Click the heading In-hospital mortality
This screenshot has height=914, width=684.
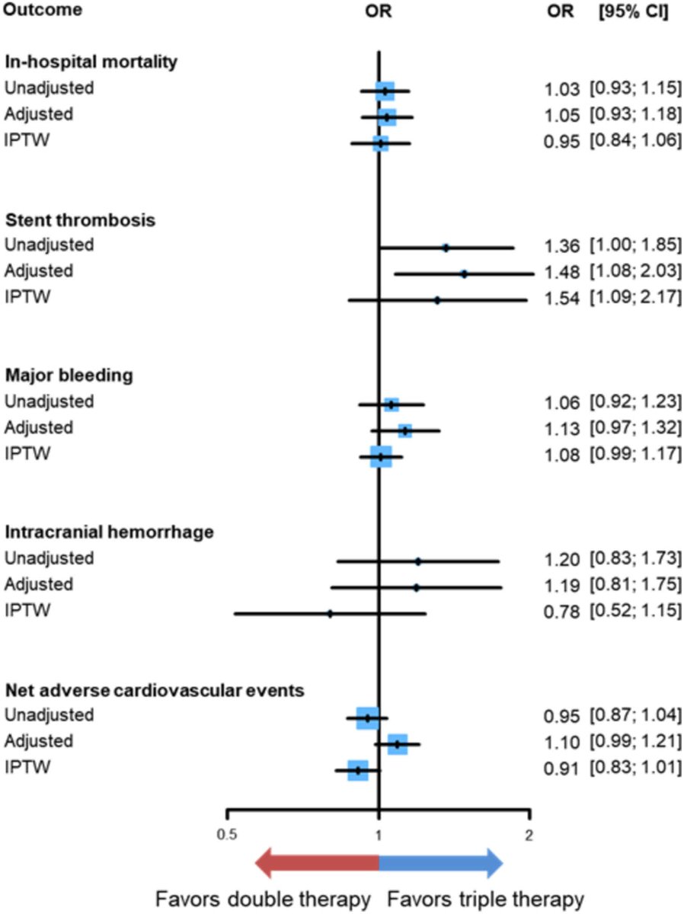coord(91,62)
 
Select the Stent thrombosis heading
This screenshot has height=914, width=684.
coord(81,219)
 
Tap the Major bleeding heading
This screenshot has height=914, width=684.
coord(69,376)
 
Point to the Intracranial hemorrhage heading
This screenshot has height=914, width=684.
coord(109,532)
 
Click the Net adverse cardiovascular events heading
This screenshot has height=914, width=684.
coord(155,690)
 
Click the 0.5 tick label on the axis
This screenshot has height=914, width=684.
coord(226,833)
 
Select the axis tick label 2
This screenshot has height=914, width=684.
coord(529,833)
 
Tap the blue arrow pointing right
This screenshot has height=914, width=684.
coord(441,864)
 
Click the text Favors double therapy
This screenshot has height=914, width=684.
coord(263,899)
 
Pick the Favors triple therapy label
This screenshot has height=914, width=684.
coord(485,899)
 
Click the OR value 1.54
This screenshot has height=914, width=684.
coord(562,298)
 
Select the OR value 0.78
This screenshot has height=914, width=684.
coord(562,611)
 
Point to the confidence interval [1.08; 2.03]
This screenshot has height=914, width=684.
coord(635,272)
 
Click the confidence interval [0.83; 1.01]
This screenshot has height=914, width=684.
coord(635,768)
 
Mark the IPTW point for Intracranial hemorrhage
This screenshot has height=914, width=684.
coord(330,613)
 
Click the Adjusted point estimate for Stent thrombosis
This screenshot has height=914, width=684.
coord(464,273)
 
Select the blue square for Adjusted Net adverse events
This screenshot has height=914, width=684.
coord(397,744)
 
